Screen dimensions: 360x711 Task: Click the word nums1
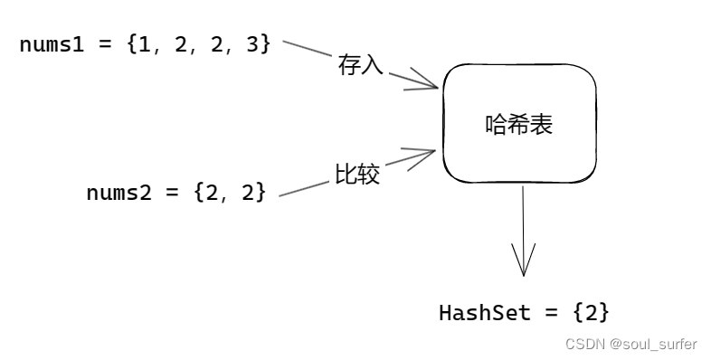coord(51,43)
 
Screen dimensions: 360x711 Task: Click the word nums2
coord(118,193)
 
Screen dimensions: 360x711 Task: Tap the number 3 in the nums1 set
coord(251,43)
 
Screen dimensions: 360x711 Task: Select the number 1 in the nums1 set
coord(146,43)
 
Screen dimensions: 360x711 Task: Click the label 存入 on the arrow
coord(361,64)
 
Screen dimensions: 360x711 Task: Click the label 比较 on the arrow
coord(357,175)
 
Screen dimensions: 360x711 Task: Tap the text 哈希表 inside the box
coord(519,125)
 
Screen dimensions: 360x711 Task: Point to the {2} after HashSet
coord(591,313)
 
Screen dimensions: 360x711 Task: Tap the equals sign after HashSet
coord(551,313)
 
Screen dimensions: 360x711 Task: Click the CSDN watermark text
coord(585,345)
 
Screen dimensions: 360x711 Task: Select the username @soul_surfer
coord(653,345)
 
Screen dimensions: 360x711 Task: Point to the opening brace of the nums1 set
coord(132,43)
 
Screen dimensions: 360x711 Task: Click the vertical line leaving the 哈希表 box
coord(523,217)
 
